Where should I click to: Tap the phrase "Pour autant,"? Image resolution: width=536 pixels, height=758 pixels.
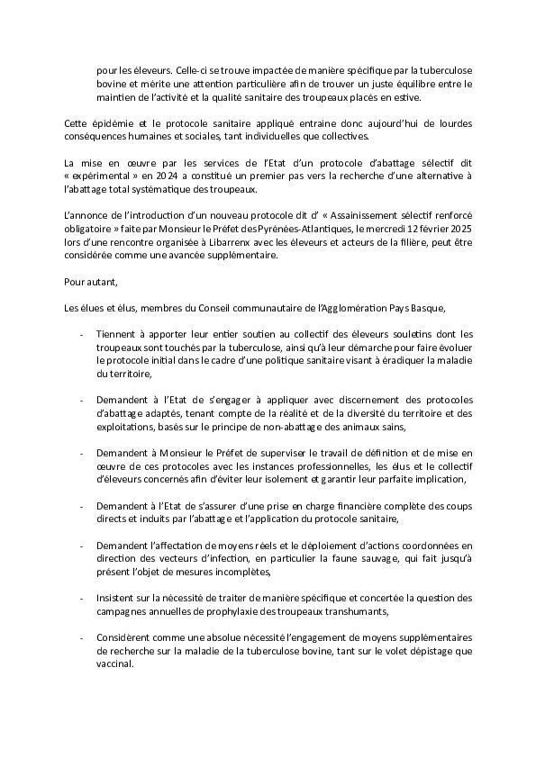89,257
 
